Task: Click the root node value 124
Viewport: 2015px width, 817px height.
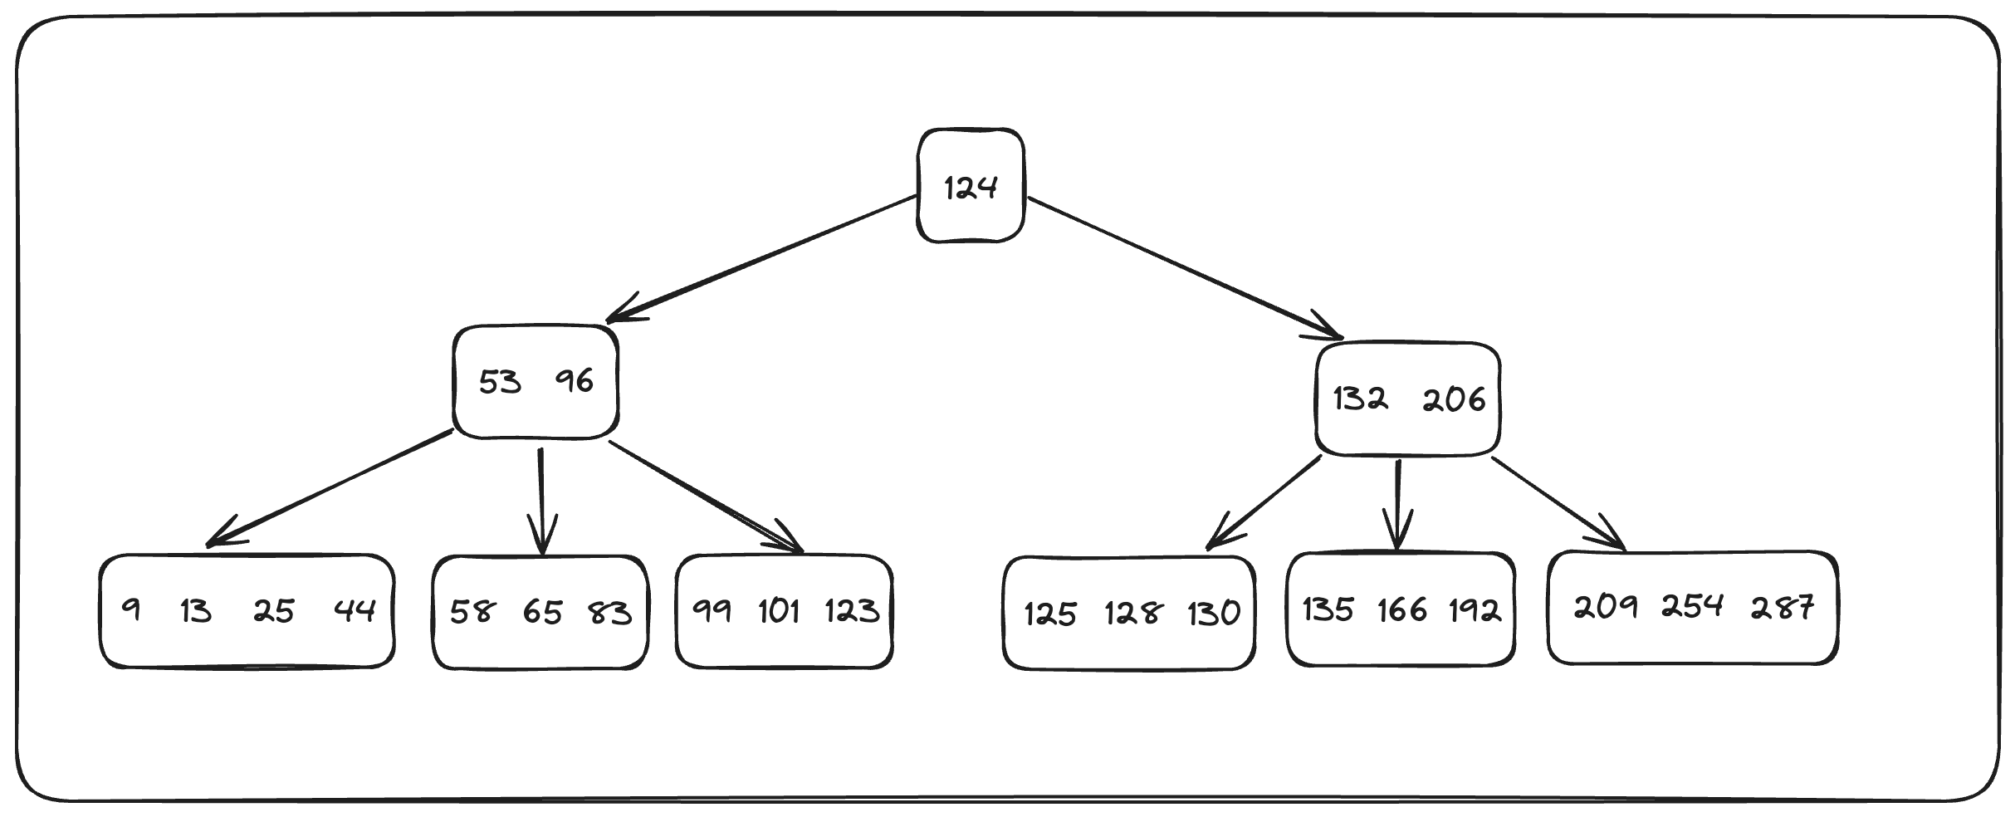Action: [970, 188]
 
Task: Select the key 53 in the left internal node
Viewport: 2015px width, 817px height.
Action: [500, 383]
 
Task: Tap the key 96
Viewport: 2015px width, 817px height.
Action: [575, 381]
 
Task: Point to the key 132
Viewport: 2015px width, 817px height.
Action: [1360, 399]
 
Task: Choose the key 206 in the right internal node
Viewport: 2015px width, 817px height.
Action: [1453, 401]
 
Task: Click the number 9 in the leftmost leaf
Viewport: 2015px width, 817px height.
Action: [131, 609]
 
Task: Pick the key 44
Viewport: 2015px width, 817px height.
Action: [355, 611]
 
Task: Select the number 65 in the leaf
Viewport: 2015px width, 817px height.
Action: [542, 613]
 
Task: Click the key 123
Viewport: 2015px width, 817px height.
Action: [852, 611]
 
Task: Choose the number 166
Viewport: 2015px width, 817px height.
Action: [1401, 611]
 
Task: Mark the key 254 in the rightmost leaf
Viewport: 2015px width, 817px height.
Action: [1692, 608]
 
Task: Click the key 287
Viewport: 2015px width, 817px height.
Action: [1782, 608]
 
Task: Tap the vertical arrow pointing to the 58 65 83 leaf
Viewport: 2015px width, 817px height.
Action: [541, 498]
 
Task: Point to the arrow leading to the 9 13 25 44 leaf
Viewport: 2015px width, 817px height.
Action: [332, 488]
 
